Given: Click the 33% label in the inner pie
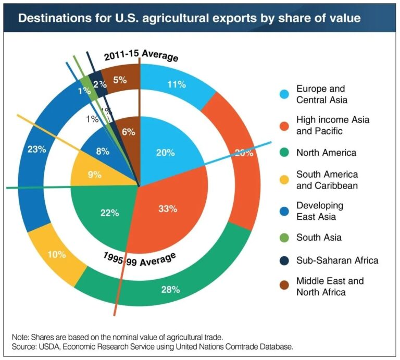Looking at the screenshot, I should click(x=168, y=209).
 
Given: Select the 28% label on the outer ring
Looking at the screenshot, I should click(x=170, y=289).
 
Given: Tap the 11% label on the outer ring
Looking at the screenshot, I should click(x=176, y=84).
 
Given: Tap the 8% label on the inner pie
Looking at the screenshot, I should click(x=102, y=152).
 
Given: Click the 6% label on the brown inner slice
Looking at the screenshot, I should click(x=128, y=132).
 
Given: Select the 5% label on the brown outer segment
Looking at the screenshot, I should click(x=119, y=80).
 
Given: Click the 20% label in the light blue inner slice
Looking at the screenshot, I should click(x=166, y=152).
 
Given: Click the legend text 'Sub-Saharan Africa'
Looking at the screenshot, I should click(x=337, y=260).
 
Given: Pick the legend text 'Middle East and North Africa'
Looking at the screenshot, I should click(x=330, y=287).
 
